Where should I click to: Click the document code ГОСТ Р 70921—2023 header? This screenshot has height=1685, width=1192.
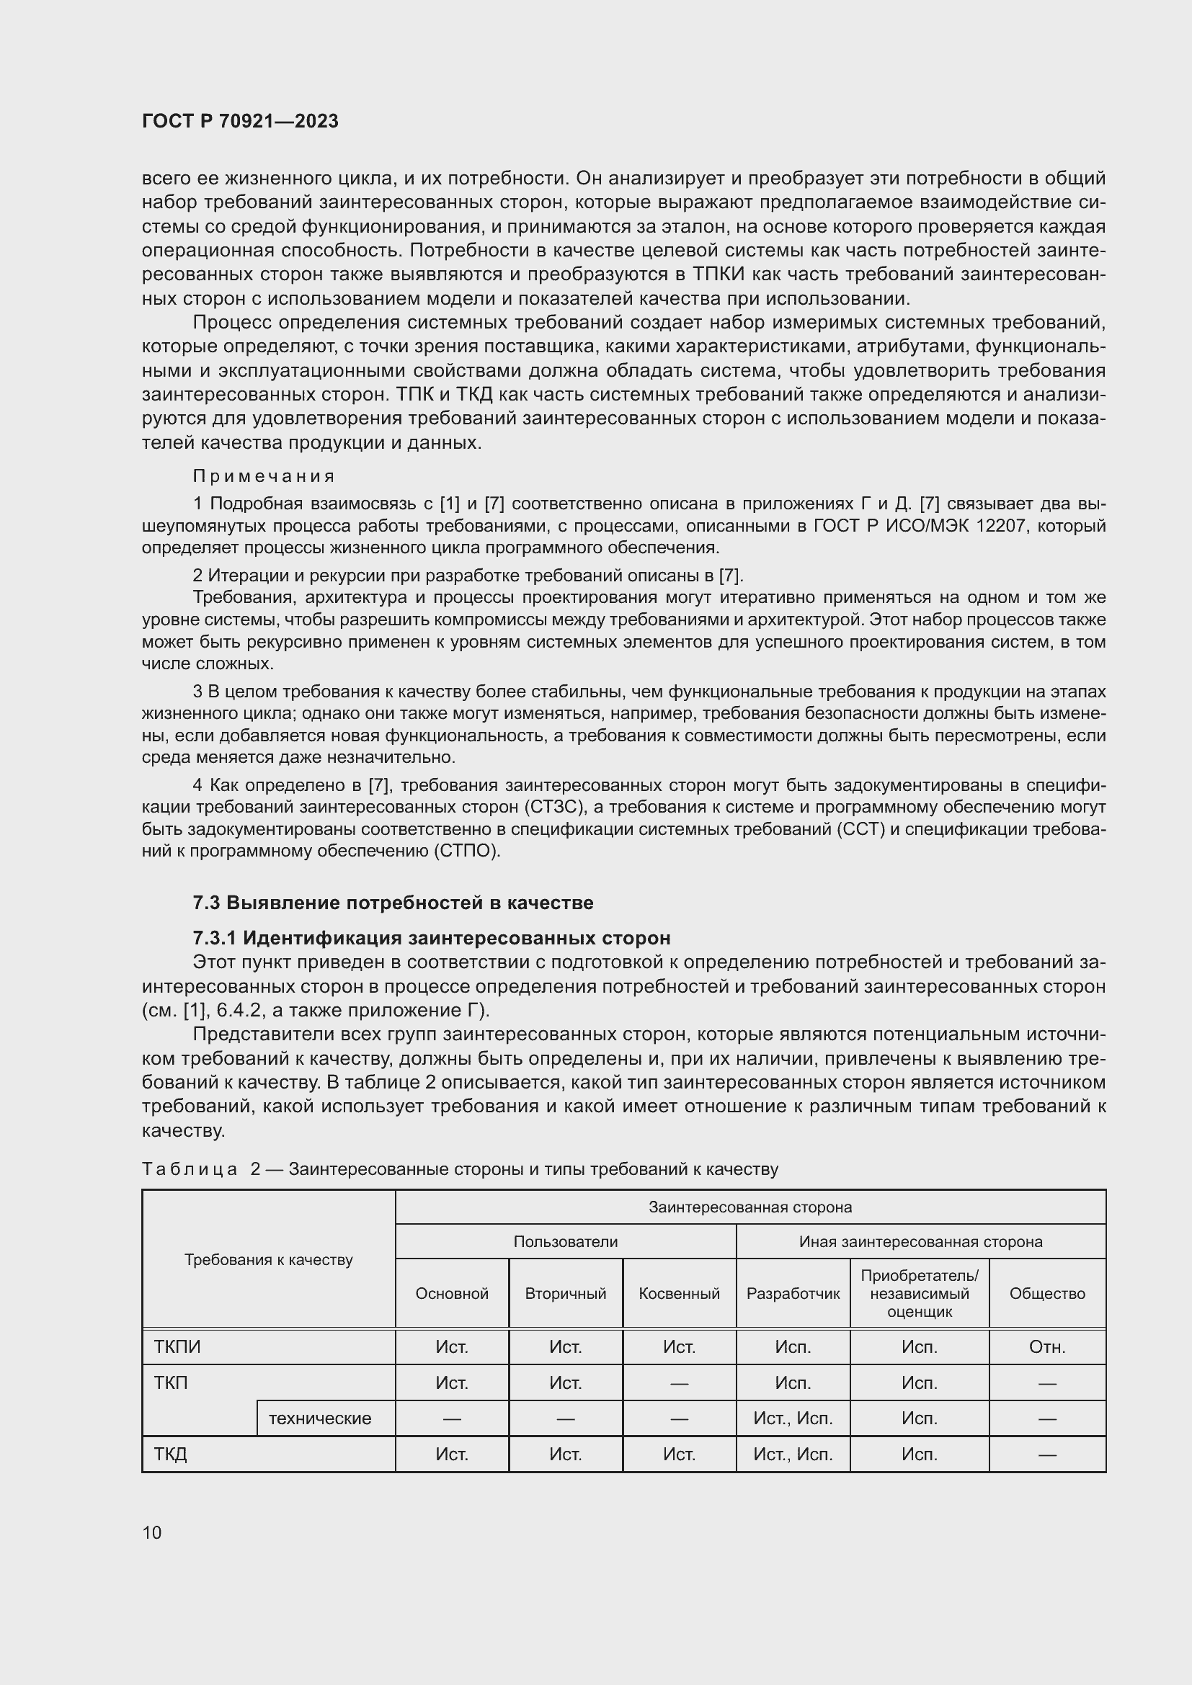click(240, 121)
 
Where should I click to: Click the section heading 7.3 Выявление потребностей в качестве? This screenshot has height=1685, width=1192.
click(393, 903)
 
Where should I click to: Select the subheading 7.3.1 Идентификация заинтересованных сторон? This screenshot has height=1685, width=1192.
click(432, 938)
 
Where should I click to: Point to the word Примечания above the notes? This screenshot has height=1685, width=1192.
click(264, 476)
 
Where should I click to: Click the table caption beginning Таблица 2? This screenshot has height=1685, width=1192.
click(460, 1170)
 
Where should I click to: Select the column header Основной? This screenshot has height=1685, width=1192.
click(451, 1294)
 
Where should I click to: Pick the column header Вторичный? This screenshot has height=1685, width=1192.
click(565, 1294)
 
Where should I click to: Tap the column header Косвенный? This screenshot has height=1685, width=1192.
click(679, 1294)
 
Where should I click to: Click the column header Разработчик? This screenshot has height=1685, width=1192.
click(793, 1294)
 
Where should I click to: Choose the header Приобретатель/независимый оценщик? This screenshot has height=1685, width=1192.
click(919, 1294)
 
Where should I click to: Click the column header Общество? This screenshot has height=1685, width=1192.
click(1046, 1294)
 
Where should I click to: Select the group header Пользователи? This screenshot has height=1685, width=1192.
click(565, 1242)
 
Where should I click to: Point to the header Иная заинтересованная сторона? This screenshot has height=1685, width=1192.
click(920, 1242)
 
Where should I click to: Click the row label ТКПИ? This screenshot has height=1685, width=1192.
click(177, 1347)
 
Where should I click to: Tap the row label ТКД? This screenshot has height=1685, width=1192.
click(170, 1454)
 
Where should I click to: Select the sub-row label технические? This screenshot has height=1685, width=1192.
click(320, 1418)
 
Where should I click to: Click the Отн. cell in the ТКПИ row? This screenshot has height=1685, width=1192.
click(1046, 1347)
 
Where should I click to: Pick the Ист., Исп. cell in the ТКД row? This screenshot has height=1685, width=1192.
click(793, 1454)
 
